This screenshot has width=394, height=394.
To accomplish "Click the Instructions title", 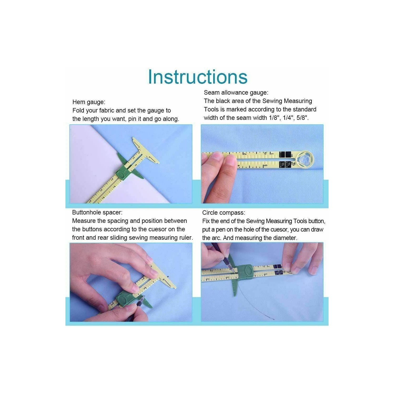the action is coord(198,77).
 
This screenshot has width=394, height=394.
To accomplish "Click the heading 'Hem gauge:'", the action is coord(89,102).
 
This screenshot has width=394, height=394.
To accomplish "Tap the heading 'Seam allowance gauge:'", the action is coord(236,93).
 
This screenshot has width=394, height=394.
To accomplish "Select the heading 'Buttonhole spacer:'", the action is coord(97,212).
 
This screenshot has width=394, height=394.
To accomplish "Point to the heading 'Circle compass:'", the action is coord(224,213).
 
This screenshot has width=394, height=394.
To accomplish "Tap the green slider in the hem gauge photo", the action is coord(123,175).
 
